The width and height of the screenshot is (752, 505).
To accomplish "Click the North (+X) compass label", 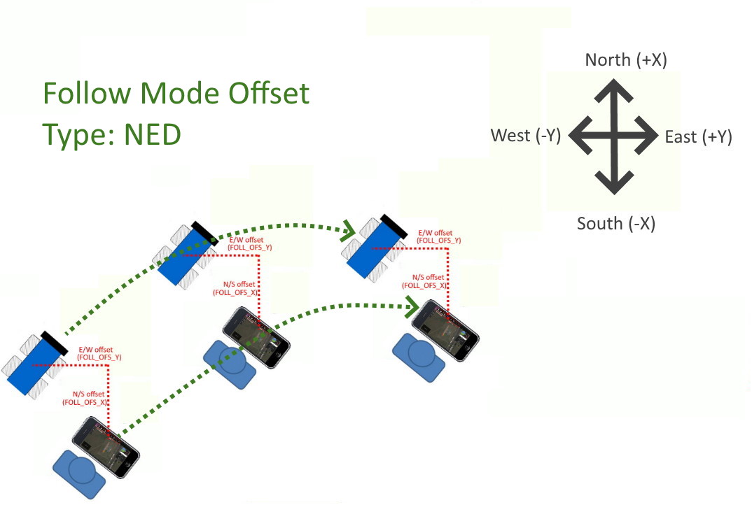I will pos(626,60).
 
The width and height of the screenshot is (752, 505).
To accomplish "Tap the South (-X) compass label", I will pos(615,224).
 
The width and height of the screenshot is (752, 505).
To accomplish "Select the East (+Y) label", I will pos(698,137).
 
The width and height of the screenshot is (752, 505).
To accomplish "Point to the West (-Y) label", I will pos(526,136).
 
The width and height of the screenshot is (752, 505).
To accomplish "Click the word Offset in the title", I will pos(269,93).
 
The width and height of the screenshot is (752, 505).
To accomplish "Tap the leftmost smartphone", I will pos(105,448).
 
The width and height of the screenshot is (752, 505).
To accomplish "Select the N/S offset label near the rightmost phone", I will pos(426,281).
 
